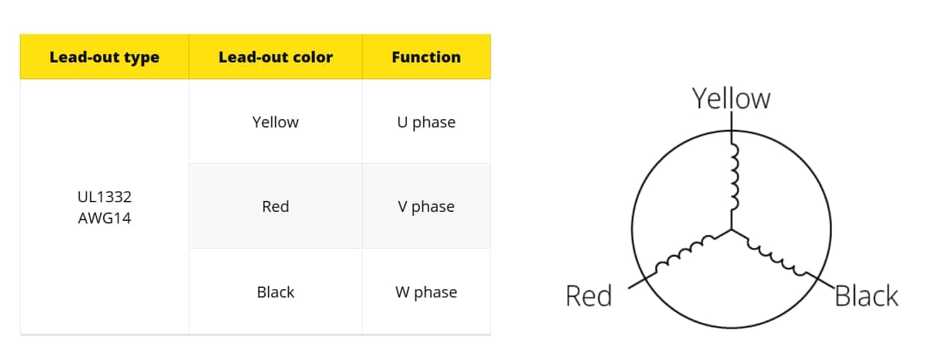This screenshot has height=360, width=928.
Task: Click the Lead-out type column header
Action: click(104, 57)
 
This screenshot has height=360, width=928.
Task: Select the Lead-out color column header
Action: click(276, 57)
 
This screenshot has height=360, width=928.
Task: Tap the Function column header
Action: click(426, 57)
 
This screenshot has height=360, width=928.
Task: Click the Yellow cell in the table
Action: click(276, 122)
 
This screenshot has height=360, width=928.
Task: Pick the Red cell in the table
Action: click(276, 206)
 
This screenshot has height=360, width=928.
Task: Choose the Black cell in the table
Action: click(276, 292)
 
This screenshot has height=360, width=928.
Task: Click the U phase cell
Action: click(426, 122)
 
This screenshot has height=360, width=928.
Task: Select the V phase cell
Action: click(426, 206)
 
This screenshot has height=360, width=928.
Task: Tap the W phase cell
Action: click(426, 292)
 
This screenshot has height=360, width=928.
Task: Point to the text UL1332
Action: click(104, 197)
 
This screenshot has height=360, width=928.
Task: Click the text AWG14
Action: click(104, 218)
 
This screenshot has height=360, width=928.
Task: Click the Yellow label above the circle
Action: click(731, 99)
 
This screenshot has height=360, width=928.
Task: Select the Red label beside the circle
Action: click(589, 296)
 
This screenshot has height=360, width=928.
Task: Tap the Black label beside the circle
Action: click(866, 296)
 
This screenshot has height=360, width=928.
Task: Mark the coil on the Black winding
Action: click(777, 258)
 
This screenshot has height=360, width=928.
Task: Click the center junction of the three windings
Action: click(732, 229)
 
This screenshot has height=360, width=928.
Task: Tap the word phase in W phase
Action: click(435, 293)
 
